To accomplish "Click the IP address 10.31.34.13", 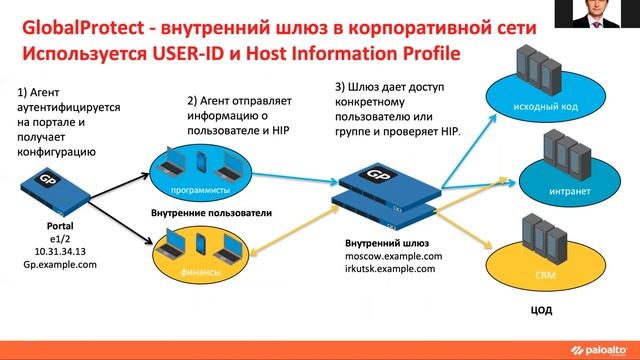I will click(46, 253).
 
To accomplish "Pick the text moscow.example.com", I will click(390, 257).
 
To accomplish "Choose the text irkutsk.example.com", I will click(390, 270).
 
